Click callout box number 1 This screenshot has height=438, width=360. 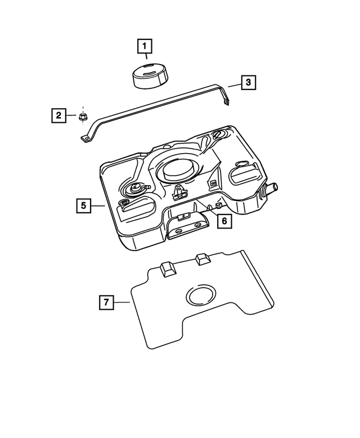[144, 44]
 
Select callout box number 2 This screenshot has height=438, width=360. [58, 116]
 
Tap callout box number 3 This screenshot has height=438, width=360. [249, 83]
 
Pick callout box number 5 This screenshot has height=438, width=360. [83, 206]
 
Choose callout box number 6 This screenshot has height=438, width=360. [223, 221]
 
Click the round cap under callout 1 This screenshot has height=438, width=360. [149, 75]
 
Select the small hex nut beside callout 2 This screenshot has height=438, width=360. [82, 117]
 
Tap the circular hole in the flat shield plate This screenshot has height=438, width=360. [201, 296]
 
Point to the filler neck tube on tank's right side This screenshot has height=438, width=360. [272, 188]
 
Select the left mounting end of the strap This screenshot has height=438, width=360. [85, 138]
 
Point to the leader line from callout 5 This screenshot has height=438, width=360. [98, 206]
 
